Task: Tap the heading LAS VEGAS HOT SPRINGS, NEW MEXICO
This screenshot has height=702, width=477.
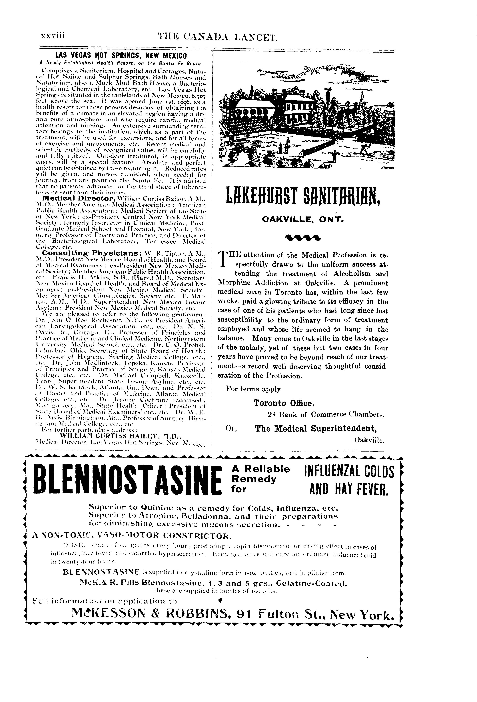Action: click(121, 56)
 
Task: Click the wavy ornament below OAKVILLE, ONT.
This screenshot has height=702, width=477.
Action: click(303, 237)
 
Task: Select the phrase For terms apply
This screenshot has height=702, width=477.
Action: click(253, 389)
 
